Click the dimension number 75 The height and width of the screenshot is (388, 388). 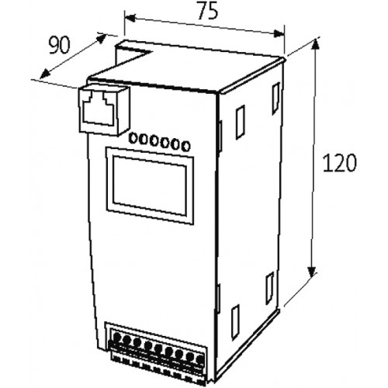[208, 11]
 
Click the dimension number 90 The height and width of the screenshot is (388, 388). [60, 45]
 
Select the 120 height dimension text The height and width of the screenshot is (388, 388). [340, 163]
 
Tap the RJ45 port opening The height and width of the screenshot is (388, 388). [98, 109]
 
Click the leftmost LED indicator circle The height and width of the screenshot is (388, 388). [133, 137]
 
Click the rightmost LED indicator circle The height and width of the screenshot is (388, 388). [185, 146]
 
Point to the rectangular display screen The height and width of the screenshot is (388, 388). [150, 185]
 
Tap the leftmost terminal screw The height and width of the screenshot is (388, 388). [117, 337]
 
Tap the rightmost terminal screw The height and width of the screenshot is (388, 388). [199, 360]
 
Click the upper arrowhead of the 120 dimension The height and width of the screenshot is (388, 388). [315, 45]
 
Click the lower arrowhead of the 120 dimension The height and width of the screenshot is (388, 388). [312, 271]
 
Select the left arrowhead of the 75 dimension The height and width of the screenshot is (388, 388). [130, 18]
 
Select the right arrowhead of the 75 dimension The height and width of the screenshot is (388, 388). [279, 33]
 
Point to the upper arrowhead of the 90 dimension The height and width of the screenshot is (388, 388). [101, 38]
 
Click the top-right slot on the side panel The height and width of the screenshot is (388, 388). [276, 99]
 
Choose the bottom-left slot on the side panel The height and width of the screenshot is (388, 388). [235, 322]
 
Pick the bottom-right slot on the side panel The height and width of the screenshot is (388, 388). [270, 289]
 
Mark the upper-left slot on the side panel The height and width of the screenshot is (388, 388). [240, 122]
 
